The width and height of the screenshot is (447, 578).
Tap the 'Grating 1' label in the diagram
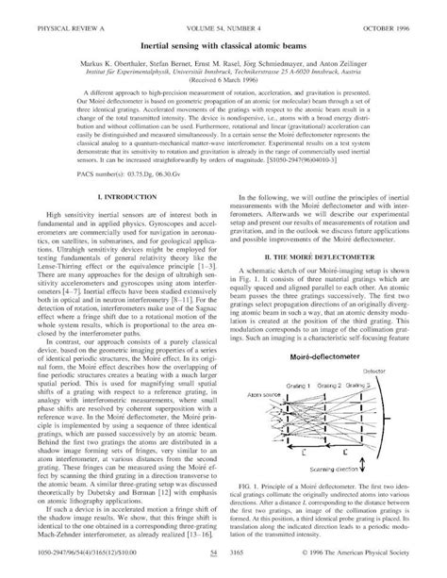pos(301,386)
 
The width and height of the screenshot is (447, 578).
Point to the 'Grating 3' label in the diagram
pos(371,386)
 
